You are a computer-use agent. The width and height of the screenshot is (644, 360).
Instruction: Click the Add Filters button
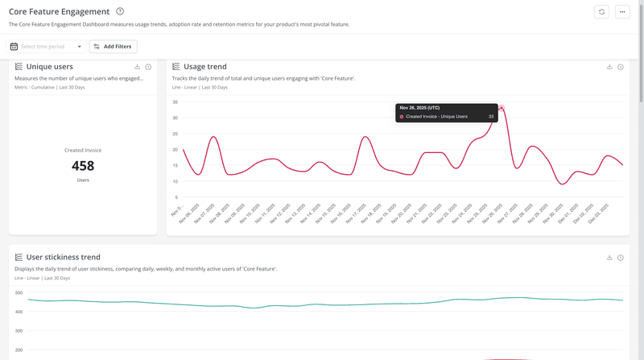pos(113,47)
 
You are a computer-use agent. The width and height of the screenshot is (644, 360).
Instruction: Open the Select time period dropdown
pos(47,47)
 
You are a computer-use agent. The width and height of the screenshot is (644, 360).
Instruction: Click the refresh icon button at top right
pos(601,12)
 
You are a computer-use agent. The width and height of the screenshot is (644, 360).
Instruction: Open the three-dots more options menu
pos(622,12)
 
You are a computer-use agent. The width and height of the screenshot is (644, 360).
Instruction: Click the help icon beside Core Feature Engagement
pos(120,11)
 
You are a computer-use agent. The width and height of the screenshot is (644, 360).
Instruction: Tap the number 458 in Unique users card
pos(83,166)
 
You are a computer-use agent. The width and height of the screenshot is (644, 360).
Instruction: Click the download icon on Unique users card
pos(138,67)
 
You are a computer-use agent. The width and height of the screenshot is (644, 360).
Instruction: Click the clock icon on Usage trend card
pos(621,67)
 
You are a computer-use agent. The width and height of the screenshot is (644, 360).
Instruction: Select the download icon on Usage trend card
pos(609,67)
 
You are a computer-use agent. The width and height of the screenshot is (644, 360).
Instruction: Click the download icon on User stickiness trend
pos(609,258)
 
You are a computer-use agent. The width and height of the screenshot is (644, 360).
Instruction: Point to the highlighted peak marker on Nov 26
pos(502,108)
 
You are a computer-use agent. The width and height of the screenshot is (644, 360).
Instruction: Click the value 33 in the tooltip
pos(491,117)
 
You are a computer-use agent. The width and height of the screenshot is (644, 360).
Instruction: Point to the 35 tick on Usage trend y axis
pos(174,102)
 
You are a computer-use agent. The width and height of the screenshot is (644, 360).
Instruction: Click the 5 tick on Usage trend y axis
pos(175,197)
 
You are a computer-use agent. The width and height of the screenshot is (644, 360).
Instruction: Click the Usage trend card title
pos(204,67)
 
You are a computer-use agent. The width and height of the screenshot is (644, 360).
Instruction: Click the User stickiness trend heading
pos(63,258)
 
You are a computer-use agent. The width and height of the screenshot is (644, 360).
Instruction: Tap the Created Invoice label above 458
pos(83,150)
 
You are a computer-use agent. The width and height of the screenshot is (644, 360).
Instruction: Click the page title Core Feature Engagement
pos(59,12)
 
